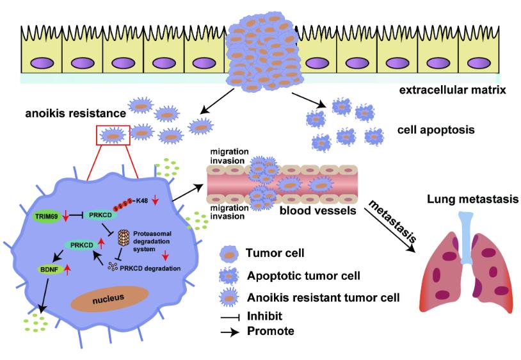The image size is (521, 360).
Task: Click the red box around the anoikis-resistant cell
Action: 113,136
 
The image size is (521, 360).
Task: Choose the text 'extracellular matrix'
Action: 453,90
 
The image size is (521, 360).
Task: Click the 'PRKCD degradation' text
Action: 152,267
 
